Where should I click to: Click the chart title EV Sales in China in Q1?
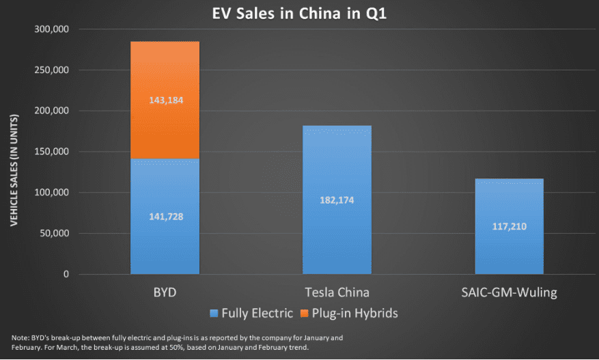pos(299,12)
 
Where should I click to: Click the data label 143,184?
pos(165,100)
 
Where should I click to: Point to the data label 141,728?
pos(165,217)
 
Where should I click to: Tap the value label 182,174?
pos(337,200)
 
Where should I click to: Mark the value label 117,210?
pos(509,227)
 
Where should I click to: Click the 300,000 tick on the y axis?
pos(51,29)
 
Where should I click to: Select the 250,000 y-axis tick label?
pos(51,70)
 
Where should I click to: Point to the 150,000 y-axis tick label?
pos(51,152)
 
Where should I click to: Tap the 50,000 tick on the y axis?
pos(54,234)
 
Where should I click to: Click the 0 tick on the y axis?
pos(66,275)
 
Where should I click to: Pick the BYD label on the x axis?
pos(165,292)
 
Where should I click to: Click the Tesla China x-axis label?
pos(337,292)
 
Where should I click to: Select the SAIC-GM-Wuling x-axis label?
pos(509,292)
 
